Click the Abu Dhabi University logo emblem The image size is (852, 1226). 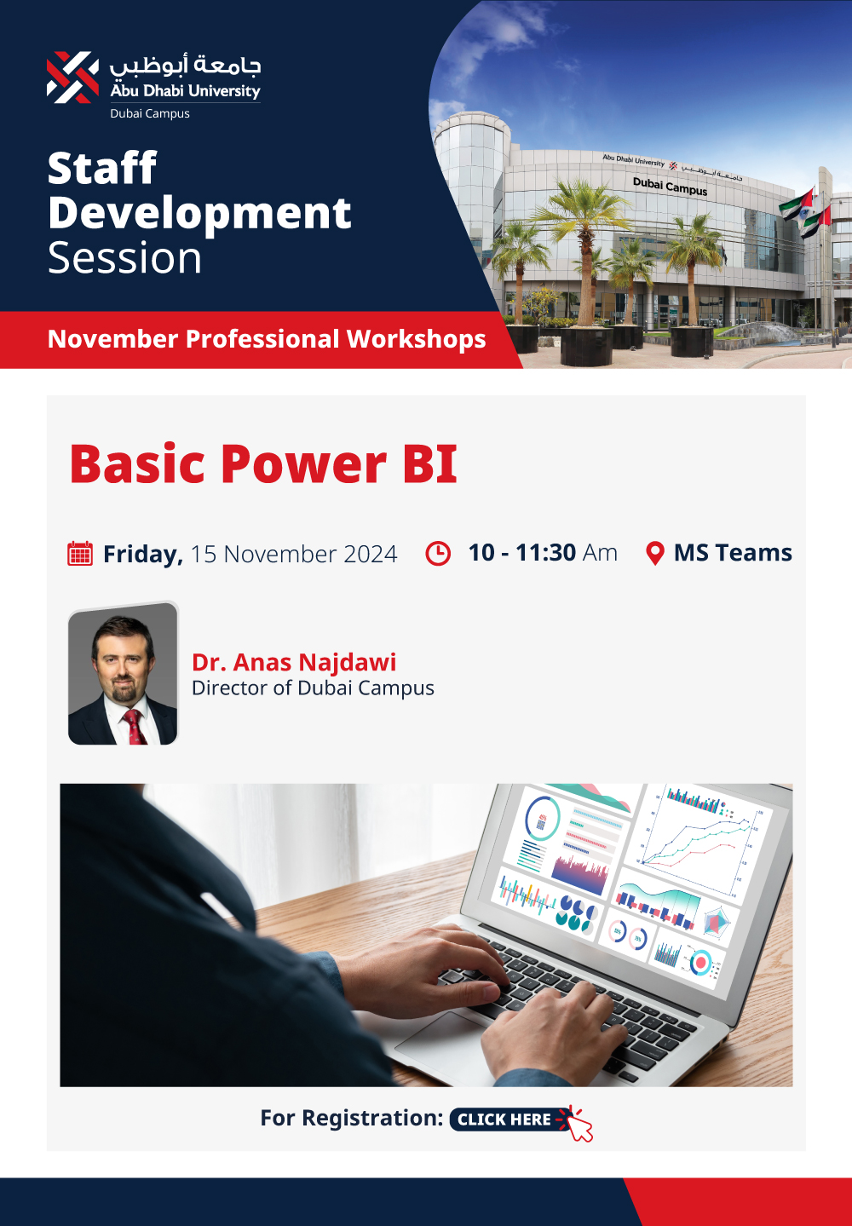pyautogui.click(x=72, y=78)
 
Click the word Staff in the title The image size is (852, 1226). pyautogui.click(x=102, y=168)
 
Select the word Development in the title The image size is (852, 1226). pyautogui.click(x=199, y=215)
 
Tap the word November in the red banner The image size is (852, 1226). pyautogui.click(x=112, y=339)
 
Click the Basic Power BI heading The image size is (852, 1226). pyautogui.click(x=263, y=464)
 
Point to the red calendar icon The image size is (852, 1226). pyautogui.click(x=80, y=553)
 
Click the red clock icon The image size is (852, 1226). pyautogui.click(x=438, y=553)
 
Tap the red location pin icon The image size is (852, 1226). pyautogui.click(x=655, y=553)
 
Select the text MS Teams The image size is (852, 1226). pyautogui.click(x=733, y=553)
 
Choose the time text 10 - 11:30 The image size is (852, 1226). pyautogui.click(x=522, y=553)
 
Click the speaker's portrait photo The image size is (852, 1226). pyautogui.click(x=123, y=673)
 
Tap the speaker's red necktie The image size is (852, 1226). pyautogui.click(x=134, y=726)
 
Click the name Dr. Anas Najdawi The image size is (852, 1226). pyautogui.click(x=294, y=662)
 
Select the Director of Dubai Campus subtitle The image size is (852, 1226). pyautogui.click(x=313, y=688)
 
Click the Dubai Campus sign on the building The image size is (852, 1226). pyautogui.click(x=670, y=187)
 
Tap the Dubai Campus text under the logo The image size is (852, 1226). pyautogui.click(x=150, y=114)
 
